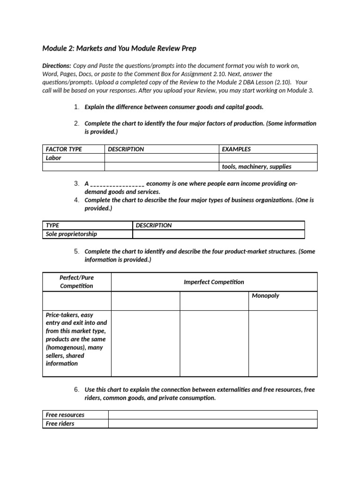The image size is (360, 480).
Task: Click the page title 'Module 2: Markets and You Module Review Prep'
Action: (119, 49)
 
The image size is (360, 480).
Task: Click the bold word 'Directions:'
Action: (57, 66)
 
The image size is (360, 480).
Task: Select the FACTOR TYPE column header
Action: (64, 149)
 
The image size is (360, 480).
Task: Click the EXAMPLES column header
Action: (236, 149)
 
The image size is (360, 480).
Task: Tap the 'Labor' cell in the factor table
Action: (53, 158)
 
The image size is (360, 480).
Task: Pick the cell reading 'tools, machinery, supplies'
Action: (256, 166)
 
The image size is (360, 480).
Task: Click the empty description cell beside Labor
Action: (161, 158)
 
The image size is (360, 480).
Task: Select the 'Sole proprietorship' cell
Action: (71, 234)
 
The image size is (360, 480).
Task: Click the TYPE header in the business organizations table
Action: (52, 225)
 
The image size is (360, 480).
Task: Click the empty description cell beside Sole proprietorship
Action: (218, 234)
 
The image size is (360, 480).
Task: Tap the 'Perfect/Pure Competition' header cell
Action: (76, 282)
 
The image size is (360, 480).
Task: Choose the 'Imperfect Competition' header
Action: (214, 282)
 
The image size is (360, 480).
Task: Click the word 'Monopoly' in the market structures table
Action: (265, 296)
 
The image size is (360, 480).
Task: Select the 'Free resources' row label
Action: (65, 415)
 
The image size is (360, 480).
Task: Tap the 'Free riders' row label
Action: (60, 423)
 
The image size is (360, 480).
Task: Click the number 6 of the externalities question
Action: (76, 390)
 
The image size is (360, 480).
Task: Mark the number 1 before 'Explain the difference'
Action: (76, 107)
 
